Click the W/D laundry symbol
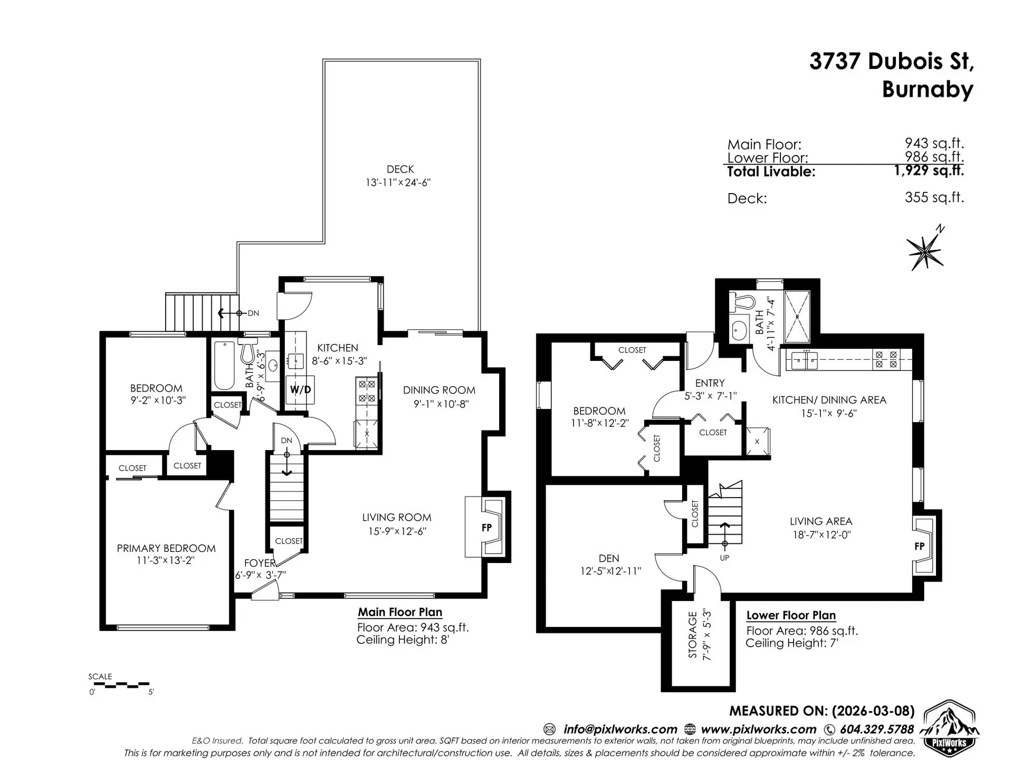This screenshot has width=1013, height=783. (x=300, y=390)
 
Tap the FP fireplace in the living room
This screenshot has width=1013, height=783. (x=487, y=527)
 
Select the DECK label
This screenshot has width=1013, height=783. (x=400, y=169)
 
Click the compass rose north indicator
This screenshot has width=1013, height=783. (x=926, y=251)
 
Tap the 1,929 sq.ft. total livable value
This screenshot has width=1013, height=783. (x=928, y=170)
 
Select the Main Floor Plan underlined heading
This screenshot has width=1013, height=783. (x=400, y=612)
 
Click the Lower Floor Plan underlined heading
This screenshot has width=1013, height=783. (x=790, y=615)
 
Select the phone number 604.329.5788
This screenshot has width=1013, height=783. (x=876, y=729)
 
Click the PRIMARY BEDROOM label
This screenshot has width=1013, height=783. (x=166, y=548)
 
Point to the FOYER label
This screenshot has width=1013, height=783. (x=260, y=563)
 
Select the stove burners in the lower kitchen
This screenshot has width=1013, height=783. (x=886, y=359)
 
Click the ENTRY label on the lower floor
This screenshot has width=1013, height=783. (x=710, y=383)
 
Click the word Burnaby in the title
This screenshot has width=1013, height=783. (x=927, y=89)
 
